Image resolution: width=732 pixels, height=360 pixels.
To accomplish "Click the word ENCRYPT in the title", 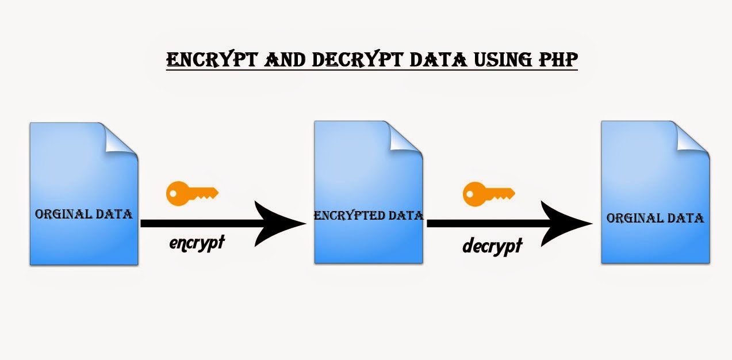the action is (213, 59).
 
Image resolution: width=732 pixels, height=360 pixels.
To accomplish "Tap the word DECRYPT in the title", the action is (358, 59).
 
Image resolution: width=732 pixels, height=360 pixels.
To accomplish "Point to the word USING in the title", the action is (503, 60).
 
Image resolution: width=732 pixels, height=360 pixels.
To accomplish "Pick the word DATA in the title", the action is (438, 60).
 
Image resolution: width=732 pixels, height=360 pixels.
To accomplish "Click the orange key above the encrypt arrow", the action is (192, 193).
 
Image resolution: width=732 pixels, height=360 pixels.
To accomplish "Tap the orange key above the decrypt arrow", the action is (489, 194).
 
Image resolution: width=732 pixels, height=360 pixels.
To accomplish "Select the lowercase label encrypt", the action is (197, 243).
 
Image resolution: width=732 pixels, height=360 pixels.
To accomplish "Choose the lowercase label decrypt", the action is (492, 246).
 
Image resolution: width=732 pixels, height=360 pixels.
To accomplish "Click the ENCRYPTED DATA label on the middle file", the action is (369, 216).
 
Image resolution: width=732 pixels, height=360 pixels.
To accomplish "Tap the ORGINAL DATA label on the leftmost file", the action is (83, 215).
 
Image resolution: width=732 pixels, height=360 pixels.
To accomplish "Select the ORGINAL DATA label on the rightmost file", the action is (655, 218).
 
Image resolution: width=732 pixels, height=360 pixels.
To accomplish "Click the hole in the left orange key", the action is (173, 193).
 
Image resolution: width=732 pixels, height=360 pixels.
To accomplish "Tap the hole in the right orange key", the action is (470, 194).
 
